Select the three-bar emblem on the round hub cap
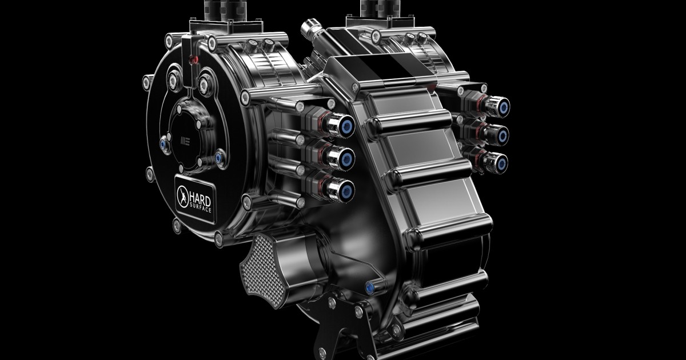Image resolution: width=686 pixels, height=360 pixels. (185, 141)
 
